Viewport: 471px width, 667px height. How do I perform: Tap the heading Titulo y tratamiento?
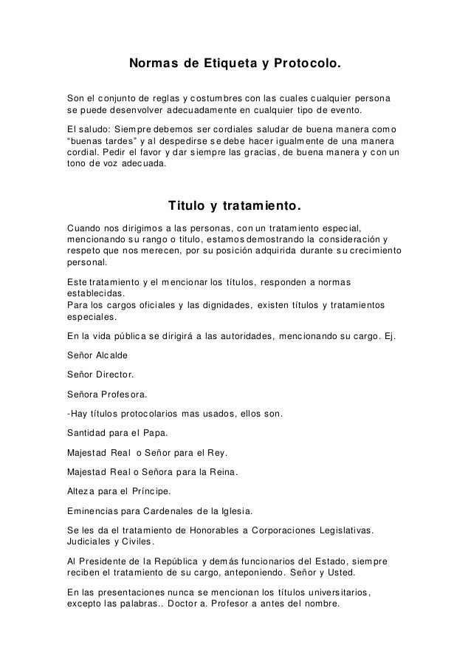(x=235, y=203)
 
